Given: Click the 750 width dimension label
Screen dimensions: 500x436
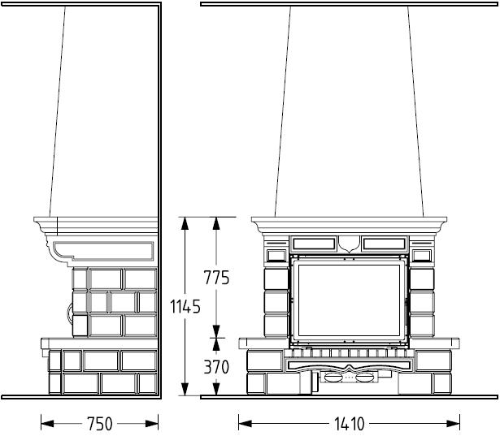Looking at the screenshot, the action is coord(100,424).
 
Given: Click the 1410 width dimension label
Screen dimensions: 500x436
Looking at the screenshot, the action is coord(349,424).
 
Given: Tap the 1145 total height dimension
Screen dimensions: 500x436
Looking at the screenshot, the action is coord(185,307).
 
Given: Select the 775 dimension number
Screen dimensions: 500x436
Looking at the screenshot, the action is coord(216,278).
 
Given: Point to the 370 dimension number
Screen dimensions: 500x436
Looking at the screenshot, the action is coord(216,367).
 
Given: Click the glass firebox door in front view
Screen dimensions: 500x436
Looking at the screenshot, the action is coord(349,300).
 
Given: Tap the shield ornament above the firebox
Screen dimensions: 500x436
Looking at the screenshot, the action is coord(349,244).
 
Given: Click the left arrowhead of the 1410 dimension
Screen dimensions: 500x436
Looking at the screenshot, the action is coord(245,424).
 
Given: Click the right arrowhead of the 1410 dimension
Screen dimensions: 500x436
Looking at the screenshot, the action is coord(453,424).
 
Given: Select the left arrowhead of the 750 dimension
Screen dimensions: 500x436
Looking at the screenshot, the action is coord(47,424).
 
